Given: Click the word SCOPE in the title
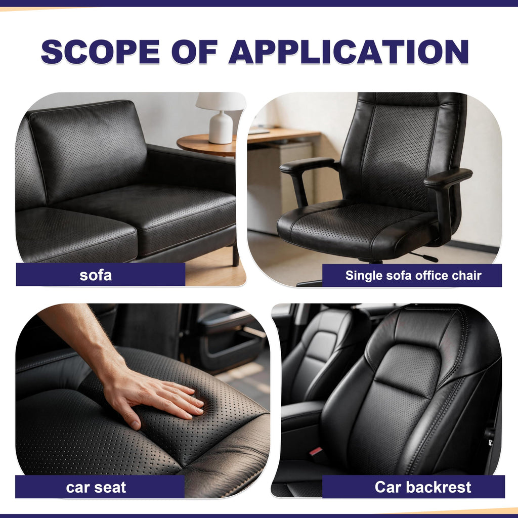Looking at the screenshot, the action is (x=101, y=52).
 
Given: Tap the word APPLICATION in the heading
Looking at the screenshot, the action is (x=349, y=52).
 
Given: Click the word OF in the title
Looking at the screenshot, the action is (x=194, y=52).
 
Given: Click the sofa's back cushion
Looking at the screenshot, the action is (x=88, y=150).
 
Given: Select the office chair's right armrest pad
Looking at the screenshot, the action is (x=448, y=178).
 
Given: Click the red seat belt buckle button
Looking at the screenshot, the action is (x=316, y=451).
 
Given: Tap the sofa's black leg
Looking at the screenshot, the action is (x=236, y=255).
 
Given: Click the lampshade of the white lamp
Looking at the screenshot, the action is (x=221, y=101).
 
